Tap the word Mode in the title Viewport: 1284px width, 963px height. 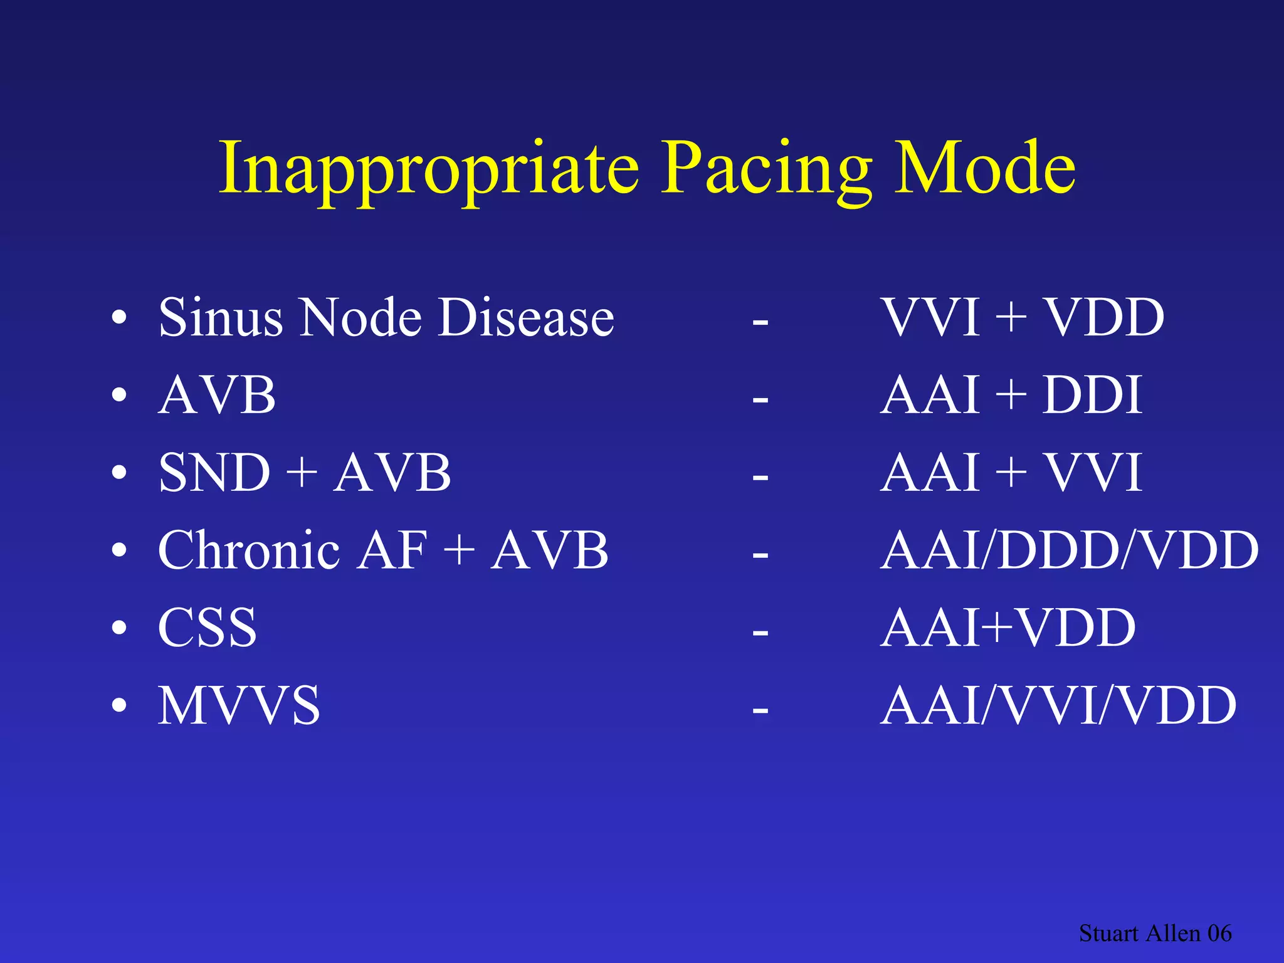click(x=984, y=168)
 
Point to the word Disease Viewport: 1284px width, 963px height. click(x=525, y=317)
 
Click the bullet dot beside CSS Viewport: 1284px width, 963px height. click(x=118, y=628)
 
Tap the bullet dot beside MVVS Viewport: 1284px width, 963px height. click(x=118, y=706)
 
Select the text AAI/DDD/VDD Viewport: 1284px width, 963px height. click(x=1069, y=550)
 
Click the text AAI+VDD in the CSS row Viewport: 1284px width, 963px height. click(x=1008, y=628)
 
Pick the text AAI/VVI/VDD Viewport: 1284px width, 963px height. click(x=1058, y=706)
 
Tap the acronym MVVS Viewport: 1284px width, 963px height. click(x=239, y=706)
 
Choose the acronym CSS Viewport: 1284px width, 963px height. click(x=208, y=628)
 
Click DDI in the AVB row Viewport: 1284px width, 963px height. click(x=1092, y=396)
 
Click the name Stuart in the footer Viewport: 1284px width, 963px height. click(x=1108, y=934)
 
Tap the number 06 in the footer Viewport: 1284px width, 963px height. click(x=1219, y=934)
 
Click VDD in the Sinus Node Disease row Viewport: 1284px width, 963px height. click(x=1103, y=317)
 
